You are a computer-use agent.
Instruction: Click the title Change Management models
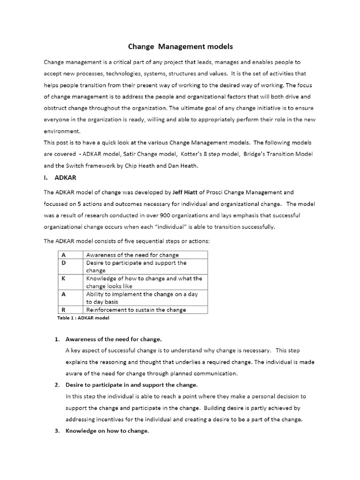click(180, 47)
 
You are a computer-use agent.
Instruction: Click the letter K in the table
click(63, 278)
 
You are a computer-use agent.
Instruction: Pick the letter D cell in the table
click(63, 263)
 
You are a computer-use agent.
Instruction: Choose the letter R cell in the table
click(63, 310)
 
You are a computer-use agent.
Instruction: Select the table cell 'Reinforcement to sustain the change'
click(136, 310)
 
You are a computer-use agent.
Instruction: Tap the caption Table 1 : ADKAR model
click(82, 318)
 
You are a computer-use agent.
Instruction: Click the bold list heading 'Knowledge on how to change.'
click(107, 431)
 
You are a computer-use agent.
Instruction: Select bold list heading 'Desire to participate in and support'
click(132, 385)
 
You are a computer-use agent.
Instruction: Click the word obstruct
click(57, 108)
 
